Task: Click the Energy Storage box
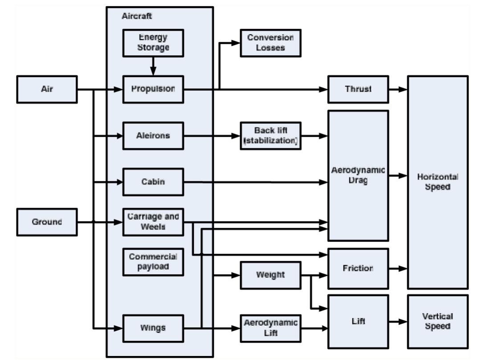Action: click(x=153, y=43)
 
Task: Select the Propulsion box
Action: click(x=153, y=89)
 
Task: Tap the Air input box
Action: click(x=47, y=89)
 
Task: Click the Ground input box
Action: click(x=47, y=222)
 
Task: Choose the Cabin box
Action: click(x=153, y=182)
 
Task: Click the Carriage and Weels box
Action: click(x=153, y=222)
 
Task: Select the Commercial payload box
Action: click(x=153, y=262)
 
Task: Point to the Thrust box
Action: click(x=358, y=89)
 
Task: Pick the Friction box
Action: click(x=358, y=269)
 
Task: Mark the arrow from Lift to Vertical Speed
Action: click(x=398, y=321)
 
